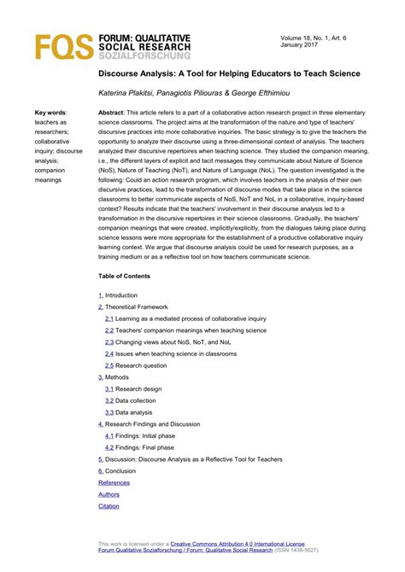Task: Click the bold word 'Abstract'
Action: tap(112, 113)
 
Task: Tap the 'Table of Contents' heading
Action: tap(124, 276)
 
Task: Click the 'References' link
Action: tap(114, 482)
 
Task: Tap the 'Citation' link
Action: tap(109, 506)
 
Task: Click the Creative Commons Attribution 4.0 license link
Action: tap(237, 543)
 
